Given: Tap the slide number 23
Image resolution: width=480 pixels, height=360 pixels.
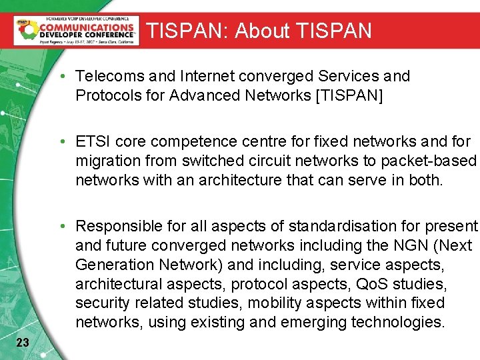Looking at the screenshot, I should (x=22, y=343).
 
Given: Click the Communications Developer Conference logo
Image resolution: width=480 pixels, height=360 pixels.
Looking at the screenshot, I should (x=76, y=30).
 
